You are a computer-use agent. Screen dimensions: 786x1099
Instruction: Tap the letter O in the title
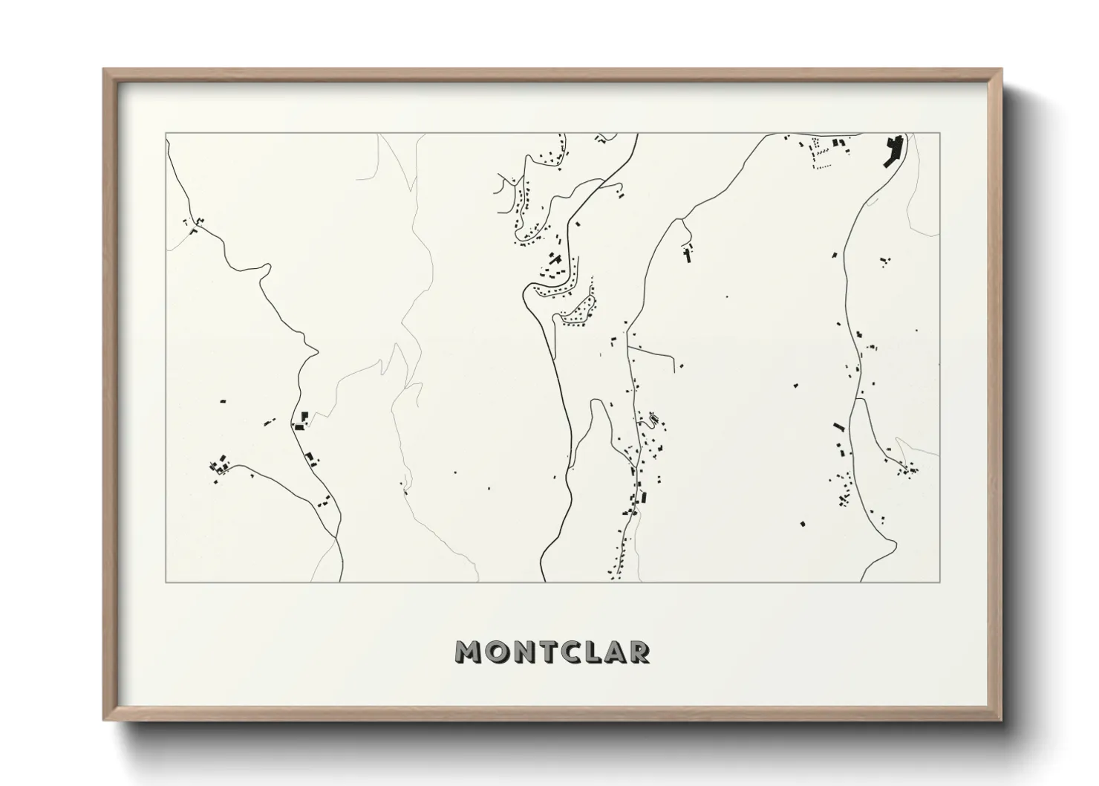[498, 652]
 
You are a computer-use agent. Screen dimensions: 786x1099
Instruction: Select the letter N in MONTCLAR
[526, 652]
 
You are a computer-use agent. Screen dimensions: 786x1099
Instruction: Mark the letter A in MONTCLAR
[619, 652]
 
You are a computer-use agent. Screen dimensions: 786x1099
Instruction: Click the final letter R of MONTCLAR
[642, 652]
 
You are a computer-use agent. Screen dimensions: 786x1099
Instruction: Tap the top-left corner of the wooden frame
[104, 69]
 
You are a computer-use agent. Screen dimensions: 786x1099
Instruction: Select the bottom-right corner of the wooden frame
[1001, 721]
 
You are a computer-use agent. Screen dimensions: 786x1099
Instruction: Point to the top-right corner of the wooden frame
[1001, 69]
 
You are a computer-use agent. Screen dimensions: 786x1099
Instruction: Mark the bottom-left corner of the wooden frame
[104, 721]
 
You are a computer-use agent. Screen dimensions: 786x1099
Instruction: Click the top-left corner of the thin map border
[166, 134]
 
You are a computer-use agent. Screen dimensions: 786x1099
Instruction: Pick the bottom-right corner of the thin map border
[939, 582]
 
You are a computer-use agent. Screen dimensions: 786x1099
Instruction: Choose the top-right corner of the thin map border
[939, 134]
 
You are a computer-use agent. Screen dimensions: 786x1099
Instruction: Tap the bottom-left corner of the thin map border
[166, 582]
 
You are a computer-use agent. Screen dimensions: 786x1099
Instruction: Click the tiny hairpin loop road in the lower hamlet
[653, 421]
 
